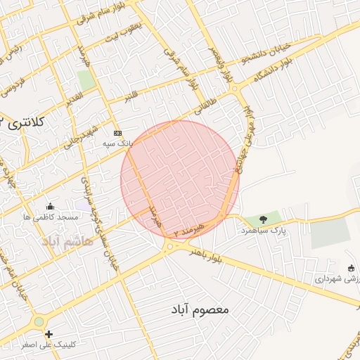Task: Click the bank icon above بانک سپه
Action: coord(117,133)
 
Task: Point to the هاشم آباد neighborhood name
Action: coord(67,242)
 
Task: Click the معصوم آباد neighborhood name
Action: coord(200,309)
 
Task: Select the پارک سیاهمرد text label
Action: coord(264,230)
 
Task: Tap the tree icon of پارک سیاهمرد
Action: coord(264,219)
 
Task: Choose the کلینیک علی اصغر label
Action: coord(49,345)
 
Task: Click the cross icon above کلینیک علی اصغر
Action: coord(49,335)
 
